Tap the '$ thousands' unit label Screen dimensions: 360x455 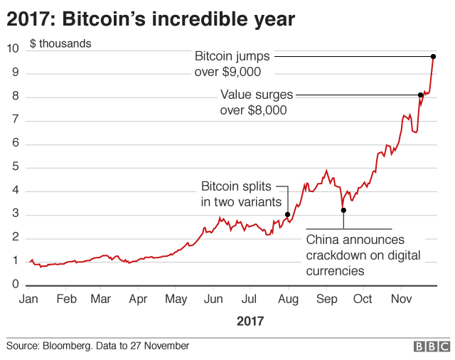[x=60, y=43]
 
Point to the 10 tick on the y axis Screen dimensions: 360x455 [x=12, y=49]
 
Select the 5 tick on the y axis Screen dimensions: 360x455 [x=15, y=167]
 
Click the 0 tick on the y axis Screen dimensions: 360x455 [x=15, y=285]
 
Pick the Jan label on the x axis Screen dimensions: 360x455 [x=28, y=300]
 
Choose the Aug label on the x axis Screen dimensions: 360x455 [x=288, y=300]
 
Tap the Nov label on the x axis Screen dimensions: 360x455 [x=402, y=300]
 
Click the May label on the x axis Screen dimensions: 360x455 [x=176, y=300]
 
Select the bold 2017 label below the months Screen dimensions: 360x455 [x=250, y=322]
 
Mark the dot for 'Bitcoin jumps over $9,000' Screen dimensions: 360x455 [x=433, y=56]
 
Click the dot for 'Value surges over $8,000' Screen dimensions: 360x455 [x=421, y=95]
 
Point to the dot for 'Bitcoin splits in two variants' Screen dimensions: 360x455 [x=287, y=215]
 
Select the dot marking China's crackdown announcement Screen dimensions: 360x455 [x=343, y=211]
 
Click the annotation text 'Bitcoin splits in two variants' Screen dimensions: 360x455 [x=239, y=194]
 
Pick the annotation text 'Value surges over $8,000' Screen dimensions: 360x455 [x=254, y=102]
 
